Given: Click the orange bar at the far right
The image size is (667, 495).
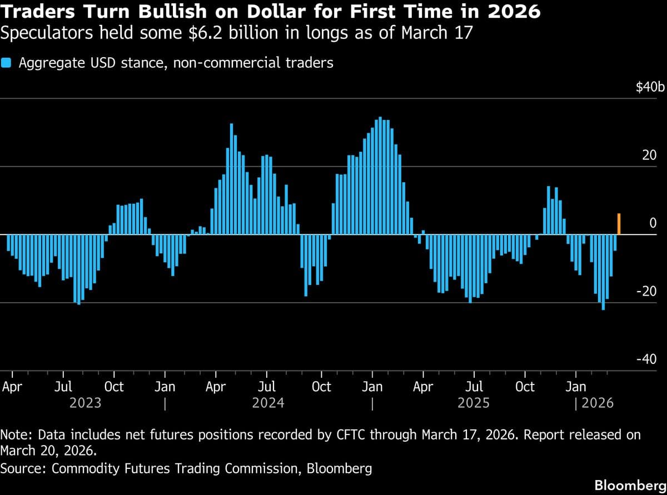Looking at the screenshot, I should [x=619, y=224].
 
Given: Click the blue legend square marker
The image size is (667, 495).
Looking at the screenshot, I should [x=6, y=63].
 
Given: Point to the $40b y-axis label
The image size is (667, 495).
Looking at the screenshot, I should [x=650, y=88].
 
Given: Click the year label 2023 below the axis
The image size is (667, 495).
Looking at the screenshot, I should [x=85, y=402].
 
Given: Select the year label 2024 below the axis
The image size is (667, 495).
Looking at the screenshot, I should [x=268, y=402].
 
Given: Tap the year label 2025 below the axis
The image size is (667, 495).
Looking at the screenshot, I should [x=473, y=402].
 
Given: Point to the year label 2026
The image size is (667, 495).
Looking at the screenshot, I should [x=598, y=402].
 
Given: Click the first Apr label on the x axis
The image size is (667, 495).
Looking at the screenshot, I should [x=12, y=386].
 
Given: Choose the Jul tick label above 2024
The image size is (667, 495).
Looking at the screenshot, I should [x=267, y=386].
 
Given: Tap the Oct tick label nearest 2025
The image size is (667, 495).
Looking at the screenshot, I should [x=525, y=386].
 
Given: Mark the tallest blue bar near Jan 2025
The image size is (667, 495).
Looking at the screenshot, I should [x=380, y=176].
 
